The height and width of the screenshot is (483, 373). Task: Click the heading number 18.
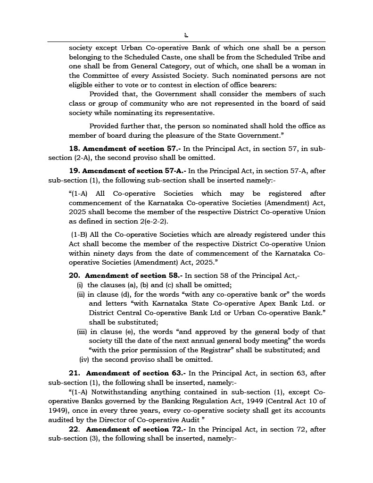[75, 149]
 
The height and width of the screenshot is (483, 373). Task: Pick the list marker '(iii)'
[83, 332]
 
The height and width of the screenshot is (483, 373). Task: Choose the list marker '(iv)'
[84, 359]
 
